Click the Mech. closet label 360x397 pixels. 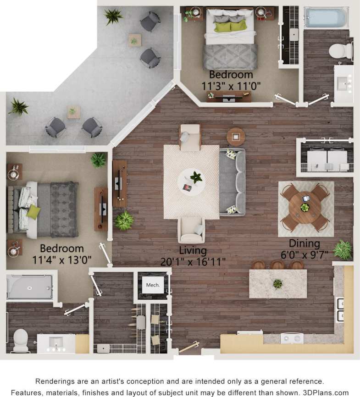point(153,285)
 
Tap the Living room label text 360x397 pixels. point(193,251)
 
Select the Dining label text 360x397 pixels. point(304,244)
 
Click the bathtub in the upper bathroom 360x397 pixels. point(325,17)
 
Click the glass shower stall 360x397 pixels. point(30,287)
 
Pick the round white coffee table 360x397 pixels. point(191,182)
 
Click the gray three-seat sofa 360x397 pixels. point(232,182)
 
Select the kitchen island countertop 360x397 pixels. point(277,284)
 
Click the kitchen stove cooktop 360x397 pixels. point(292,338)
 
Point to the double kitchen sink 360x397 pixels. point(340,310)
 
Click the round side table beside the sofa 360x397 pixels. point(236,137)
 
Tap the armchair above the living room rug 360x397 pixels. point(190,136)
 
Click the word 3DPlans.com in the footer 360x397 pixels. point(328,393)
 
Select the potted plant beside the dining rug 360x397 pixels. point(343,250)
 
